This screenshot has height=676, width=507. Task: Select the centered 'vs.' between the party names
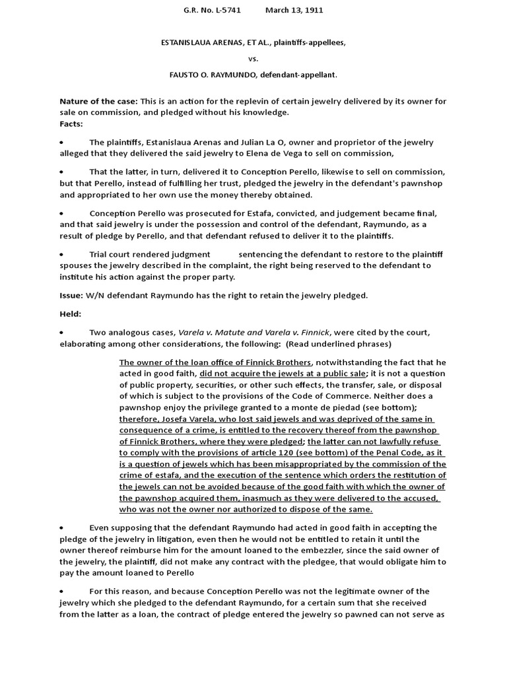(x=253, y=59)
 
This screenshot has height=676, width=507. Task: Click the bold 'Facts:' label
(x=71, y=123)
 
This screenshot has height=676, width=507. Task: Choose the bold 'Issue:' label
(x=73, y=296)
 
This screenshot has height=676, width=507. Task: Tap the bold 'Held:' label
(x=71, y=314)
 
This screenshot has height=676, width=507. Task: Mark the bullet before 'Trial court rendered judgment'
(x=61, y=254)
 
